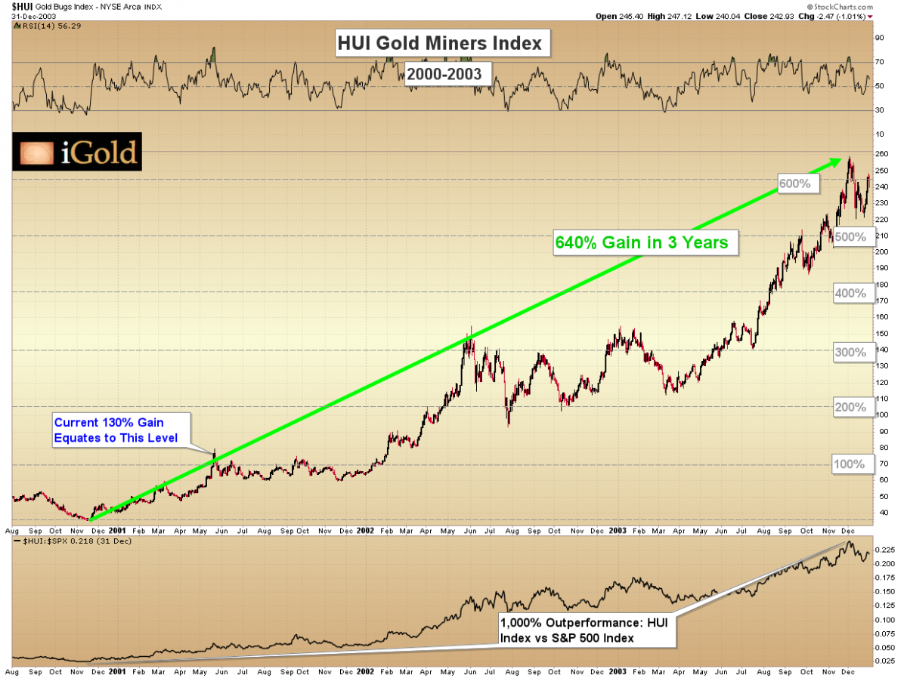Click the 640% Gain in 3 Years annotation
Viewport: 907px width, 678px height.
642,243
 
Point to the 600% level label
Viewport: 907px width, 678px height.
794,183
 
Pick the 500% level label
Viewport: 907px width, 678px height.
850,236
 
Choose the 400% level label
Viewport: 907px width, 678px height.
850,293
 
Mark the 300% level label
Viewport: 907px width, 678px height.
850,351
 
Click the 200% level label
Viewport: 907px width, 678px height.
850,408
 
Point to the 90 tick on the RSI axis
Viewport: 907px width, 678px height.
878,37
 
